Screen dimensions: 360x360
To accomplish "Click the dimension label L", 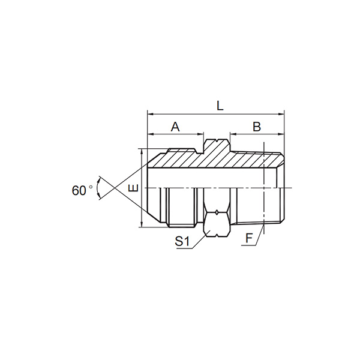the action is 220,106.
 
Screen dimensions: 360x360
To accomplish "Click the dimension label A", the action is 175,127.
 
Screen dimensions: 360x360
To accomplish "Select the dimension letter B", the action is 257,127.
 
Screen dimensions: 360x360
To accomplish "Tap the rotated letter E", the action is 133,188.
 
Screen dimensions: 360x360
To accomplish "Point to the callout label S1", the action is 182,241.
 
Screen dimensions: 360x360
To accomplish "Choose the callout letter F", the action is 249,238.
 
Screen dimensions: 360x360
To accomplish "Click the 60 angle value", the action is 79,191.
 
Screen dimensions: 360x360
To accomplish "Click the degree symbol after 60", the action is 91,187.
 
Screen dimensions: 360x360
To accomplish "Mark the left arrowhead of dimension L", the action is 150,114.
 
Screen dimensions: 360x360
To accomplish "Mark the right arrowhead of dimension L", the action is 281,114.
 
